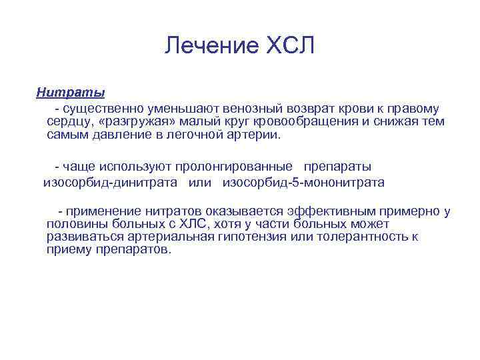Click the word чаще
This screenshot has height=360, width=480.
coord(81,166)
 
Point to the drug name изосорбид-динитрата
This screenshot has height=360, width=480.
coord(110,181)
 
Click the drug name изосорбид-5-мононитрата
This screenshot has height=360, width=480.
coord(303,181)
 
